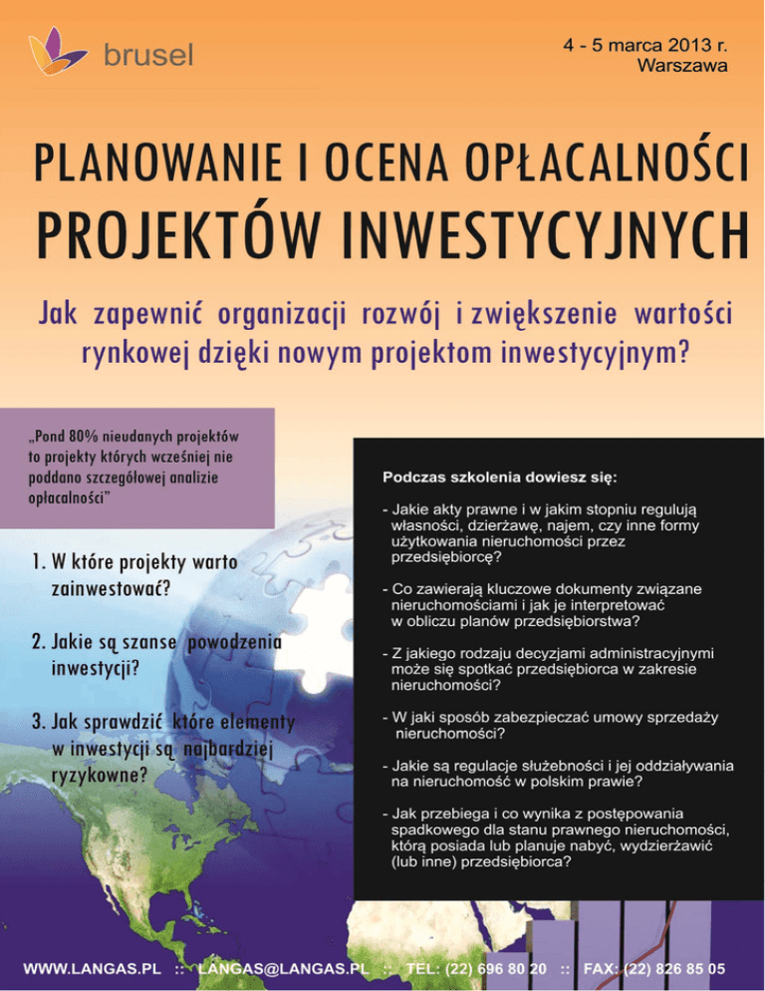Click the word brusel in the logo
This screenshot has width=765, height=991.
tap(147, 54)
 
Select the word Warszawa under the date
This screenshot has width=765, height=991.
tap(681, 66)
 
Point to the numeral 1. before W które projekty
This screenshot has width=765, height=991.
tap(38, 563)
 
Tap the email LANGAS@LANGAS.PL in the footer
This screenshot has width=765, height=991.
tap(284, 968)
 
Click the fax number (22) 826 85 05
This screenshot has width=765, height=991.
tap(678, 968)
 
